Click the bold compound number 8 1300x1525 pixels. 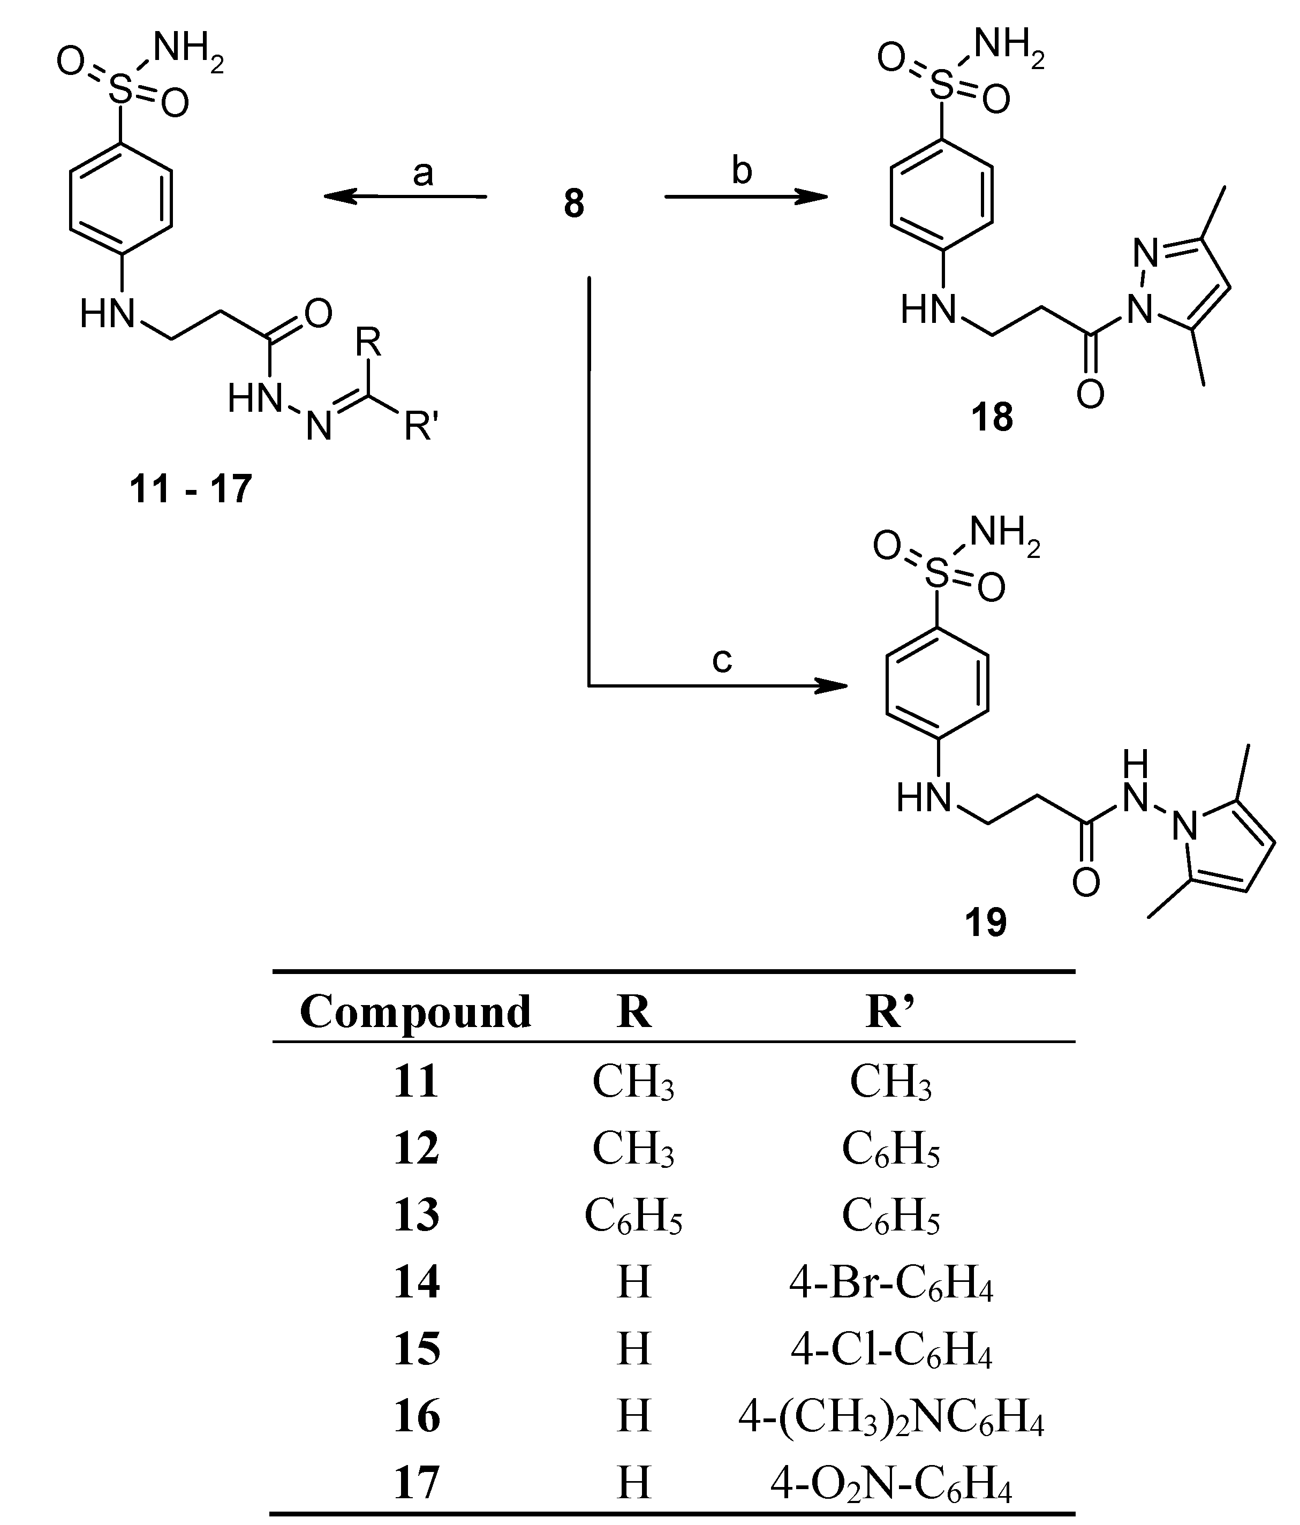click(573, 204)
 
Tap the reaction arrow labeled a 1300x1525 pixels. click(405, 197)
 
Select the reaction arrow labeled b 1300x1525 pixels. click(745, 197)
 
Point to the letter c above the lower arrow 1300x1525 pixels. click(721, 660)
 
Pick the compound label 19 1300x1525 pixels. click(986, 922)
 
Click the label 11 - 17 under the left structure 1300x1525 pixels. click(191, 488)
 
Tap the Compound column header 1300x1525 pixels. click(415, 1011)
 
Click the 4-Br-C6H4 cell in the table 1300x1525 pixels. click(891, 1283)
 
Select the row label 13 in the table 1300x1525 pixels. click(416, 1215)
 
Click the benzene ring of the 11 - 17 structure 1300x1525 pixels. click(122, 200)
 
